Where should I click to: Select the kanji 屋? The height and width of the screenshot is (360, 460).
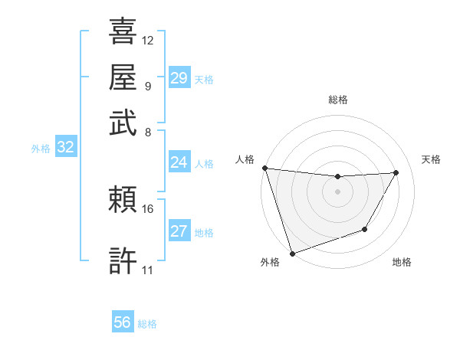[123, 77]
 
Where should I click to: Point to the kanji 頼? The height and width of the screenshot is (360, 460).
[123, 201]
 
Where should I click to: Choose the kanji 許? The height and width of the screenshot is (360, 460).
[123, 260]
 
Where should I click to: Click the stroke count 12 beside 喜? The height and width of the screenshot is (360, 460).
[148, 40]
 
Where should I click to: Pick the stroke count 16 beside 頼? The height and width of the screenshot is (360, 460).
[148, 208]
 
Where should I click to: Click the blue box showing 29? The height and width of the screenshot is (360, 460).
[179, 78]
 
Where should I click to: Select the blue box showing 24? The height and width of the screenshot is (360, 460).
[179, 162]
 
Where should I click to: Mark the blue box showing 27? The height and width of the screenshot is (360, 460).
[179, 231]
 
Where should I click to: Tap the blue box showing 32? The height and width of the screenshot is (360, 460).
[65, 148]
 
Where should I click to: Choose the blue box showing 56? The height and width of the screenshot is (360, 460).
[122, 322]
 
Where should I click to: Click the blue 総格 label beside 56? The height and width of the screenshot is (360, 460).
[147, 324]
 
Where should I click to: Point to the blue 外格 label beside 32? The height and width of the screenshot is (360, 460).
[41, 149]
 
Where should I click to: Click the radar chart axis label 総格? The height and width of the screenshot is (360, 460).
[337, 100]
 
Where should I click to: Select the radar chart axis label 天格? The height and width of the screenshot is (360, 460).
[431, 159]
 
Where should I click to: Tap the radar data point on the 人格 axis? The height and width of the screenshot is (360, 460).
[264, 168]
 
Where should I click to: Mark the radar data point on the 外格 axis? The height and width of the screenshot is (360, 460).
[292, 253]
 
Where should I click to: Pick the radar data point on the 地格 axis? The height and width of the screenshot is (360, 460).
[365, 229]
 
